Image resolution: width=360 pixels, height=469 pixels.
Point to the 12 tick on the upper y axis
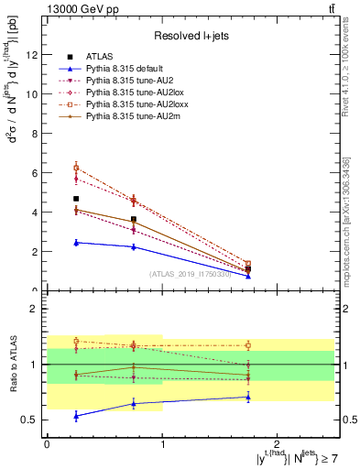34,54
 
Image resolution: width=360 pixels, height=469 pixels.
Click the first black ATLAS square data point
76,199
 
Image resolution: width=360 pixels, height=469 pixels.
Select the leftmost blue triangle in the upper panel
76,243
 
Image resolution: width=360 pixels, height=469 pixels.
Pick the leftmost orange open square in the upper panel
76,168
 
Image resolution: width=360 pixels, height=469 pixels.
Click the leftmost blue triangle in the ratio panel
76,415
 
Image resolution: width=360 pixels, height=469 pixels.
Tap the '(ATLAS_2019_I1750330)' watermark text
190,274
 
